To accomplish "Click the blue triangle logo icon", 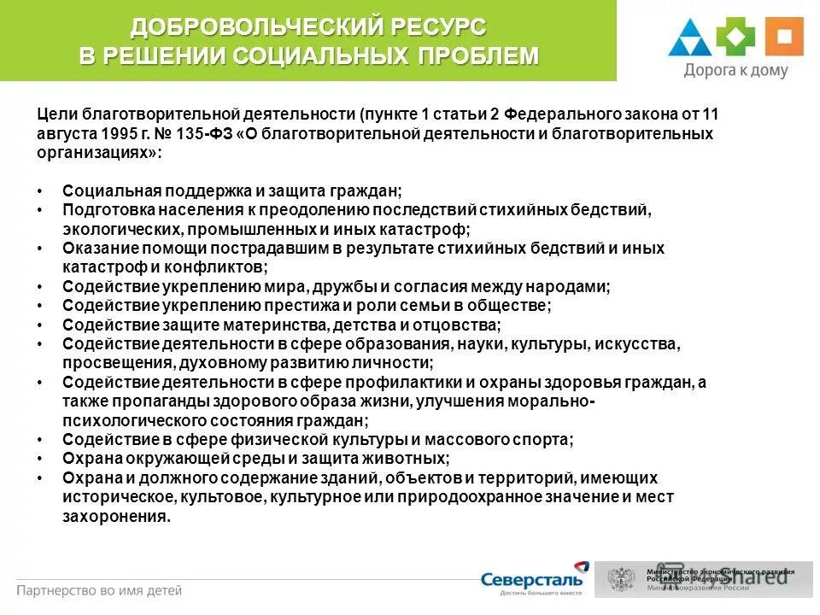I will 691,38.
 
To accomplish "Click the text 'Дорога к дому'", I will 735,71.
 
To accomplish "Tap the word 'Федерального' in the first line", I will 554,114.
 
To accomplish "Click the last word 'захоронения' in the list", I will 115,517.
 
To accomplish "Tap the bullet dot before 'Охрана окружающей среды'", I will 42,459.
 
